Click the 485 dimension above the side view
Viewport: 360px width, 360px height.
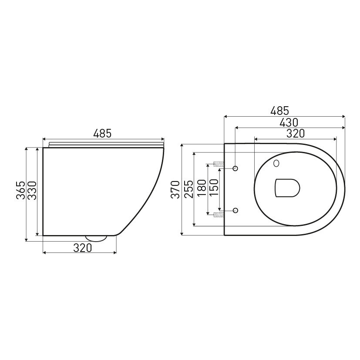pyautogui.click(x=103, y=134)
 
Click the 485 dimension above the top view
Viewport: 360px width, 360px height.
pyautogui.click(x=279, y=111)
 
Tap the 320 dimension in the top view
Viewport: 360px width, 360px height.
pyautogui.click(x=295, y=133)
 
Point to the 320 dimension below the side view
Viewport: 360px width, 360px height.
pyautogui.click(x=82, y=248)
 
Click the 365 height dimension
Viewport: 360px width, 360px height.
pyautogui.click(x=20, y=191)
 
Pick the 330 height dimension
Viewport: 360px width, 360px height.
pyautogui.click(x=33, y=191)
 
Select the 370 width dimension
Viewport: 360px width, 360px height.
pyautogui.click(x=175, y=189)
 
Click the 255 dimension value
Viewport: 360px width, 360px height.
pyautogui.click(x=187, y=189)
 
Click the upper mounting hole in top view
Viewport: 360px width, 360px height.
pyautogui.click(x=236, y=168)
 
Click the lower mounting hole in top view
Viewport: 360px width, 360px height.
pyautogui.click(x=236, y=210)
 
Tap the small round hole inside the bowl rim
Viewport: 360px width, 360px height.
pyautogui.click(x=276, y=164)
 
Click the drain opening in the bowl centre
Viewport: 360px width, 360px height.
pyautogui.click(x=287, y=188)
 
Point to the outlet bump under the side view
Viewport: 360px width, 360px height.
pyautogui.click(x=97, y=238)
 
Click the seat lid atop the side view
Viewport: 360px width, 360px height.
pyautogui.click(x=104, y=144)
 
